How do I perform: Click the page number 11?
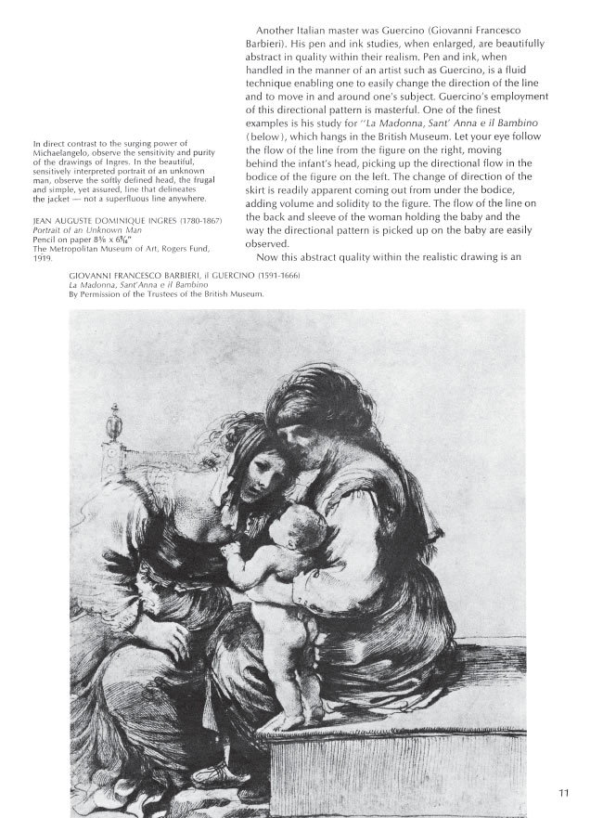coord(564,793)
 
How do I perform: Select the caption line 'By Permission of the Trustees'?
coord(167,294)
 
